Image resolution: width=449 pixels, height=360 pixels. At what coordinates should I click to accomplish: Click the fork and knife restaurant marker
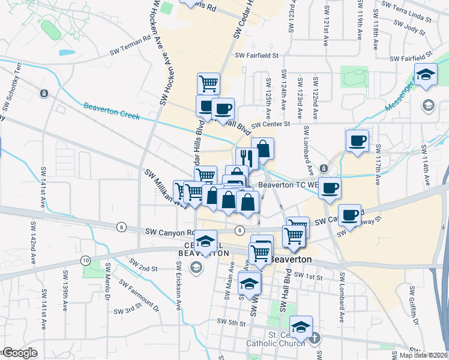click(247, 158)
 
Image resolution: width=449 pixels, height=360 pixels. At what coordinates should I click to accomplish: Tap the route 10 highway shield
click(86, 260)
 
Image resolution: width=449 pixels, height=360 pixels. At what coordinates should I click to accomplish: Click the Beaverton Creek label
click(112, 111)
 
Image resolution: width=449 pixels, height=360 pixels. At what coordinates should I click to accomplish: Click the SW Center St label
click(271, 124)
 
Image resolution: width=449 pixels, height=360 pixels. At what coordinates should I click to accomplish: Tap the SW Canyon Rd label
click(170, 232)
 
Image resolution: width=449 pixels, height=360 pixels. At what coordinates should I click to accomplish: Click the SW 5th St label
click(233, 323)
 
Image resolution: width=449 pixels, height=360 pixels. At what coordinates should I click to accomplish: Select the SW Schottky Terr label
click(12, 87)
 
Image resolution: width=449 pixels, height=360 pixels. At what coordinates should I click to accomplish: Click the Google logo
click(20, 353)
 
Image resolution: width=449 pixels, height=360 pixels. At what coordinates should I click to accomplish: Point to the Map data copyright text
click(424, 355)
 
